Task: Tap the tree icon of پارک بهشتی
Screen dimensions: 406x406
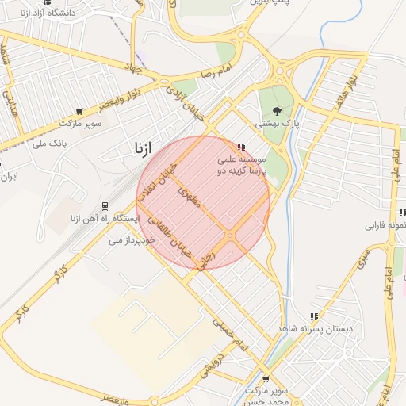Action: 277,111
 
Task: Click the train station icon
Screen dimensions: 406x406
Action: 105,205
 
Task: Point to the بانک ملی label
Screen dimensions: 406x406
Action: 49,144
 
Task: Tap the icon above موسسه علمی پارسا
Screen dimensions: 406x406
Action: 241,147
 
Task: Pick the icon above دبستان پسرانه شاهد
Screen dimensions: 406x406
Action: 315,316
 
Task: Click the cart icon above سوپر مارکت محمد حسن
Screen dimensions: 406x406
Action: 266,379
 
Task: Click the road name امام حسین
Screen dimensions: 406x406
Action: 232,334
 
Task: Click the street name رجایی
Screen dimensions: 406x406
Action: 207,262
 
